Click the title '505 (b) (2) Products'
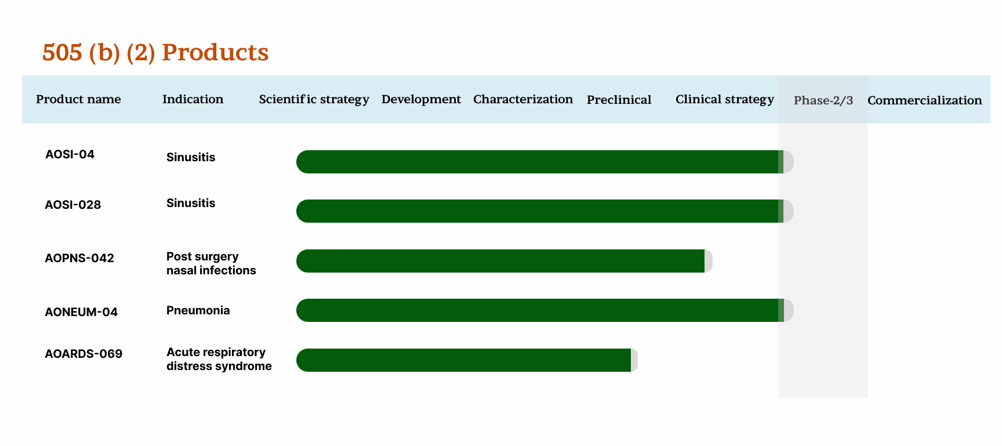[155, 52]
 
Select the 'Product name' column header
[78, 99]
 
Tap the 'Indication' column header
[193, 99]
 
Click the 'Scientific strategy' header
[314, 99]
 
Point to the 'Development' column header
[421, 99]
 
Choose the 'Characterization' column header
[523, 99]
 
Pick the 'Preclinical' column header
[619, 100]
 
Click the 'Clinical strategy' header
[724, 99]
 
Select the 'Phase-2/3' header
[823, 100]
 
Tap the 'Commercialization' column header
[924, 100]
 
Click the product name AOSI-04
[70, 154]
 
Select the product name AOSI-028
[73, 205]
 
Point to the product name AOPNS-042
[79, 258]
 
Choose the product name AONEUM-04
[81, 312]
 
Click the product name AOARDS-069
[83, 354]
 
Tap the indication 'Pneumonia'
[198, 310]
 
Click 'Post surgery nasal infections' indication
[211, 263]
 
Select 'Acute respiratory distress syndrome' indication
[219, 359]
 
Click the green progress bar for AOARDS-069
[464, 360]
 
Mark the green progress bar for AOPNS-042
[500, 261]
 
